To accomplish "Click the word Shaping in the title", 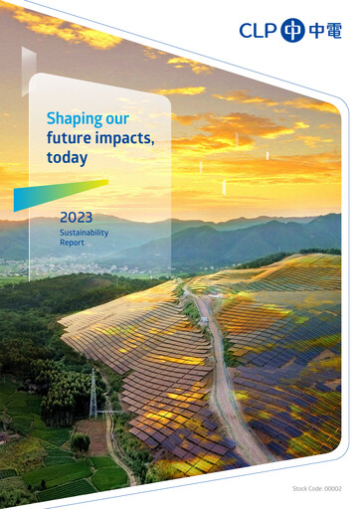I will tap(75, 119).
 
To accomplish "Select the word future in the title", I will tap(69, 138).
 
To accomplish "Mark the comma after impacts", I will tap(153, 143).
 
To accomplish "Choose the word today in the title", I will tap(67, 158).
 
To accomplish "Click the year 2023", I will tap(76, 216).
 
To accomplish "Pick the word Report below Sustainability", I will tap(72, 243).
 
